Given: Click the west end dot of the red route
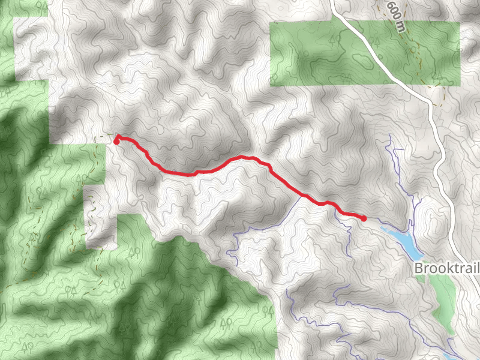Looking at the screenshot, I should click(x=116, y=138).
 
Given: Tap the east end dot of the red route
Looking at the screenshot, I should click(x=364, y=218).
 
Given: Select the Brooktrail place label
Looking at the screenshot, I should click(x=446, y=268).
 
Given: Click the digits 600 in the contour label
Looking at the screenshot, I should click(x=393, y=9).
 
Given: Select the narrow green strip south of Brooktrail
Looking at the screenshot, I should click(x=445, y=300).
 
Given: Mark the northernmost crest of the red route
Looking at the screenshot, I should click(x=243, y=157).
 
